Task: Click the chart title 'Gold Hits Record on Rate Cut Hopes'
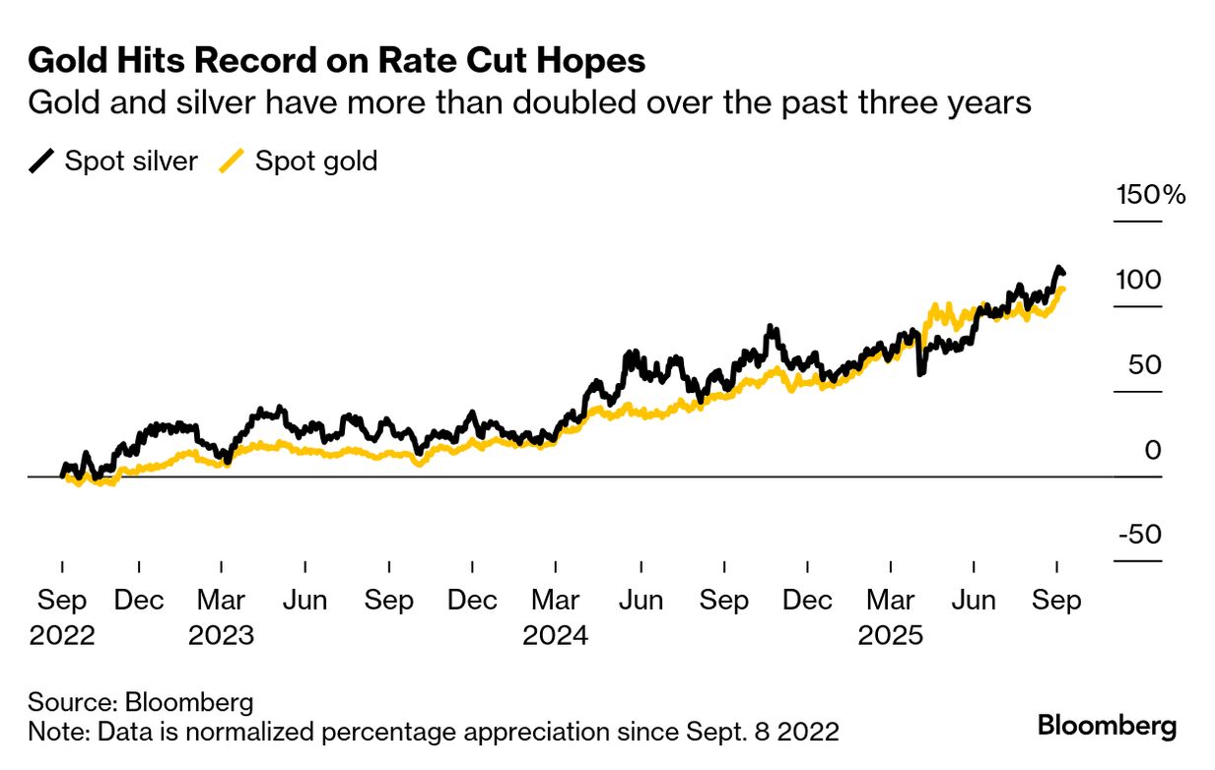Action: coord(337,61)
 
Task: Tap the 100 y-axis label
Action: coord(1138,280)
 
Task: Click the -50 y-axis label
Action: coord(1138,535)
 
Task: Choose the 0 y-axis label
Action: coord(1152,450)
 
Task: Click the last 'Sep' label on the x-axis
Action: coord(1057,601)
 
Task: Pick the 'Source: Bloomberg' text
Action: coord(141,703)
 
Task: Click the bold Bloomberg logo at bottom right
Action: coord(1107,727)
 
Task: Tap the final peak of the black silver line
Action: coord(1058,268)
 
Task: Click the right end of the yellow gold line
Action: coord(1062,289)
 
